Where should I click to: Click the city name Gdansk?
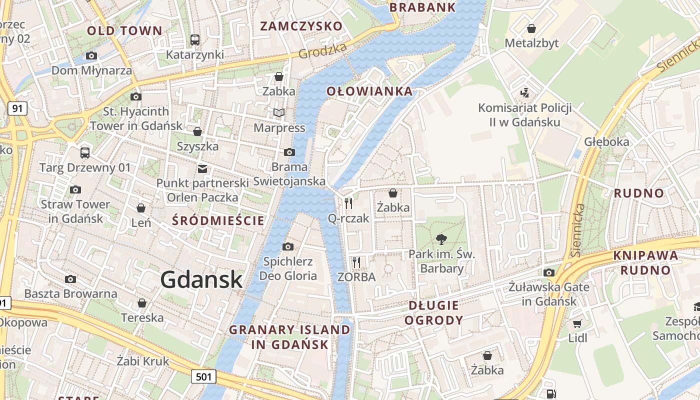pos(201,280)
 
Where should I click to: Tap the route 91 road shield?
pos(17,108)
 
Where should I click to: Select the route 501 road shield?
pos(204,376)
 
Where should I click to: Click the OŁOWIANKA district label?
pos(370,91)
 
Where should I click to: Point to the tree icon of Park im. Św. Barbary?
pos(441,239)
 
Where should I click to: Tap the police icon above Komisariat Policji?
pos(524,92)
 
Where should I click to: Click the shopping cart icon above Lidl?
pos(577,323)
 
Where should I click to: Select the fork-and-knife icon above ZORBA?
pos(356,262)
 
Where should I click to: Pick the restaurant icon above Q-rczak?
pos(348,203)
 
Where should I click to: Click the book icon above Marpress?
pos(278,113)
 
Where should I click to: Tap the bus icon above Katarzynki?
pos(195,39)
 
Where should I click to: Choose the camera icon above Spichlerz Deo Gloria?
pos(287,246)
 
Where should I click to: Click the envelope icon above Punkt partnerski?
pos(202,168)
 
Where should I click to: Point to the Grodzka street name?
pos(322,50)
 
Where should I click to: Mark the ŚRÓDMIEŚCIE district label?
pos(218,220)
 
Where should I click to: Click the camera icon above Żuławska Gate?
pos(549,272)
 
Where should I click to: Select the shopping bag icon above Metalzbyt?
pos(531,28)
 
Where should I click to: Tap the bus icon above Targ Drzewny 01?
pos(85,152)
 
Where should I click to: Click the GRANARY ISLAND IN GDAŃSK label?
pos(290,337)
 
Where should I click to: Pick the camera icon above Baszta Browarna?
pos(70,279)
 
